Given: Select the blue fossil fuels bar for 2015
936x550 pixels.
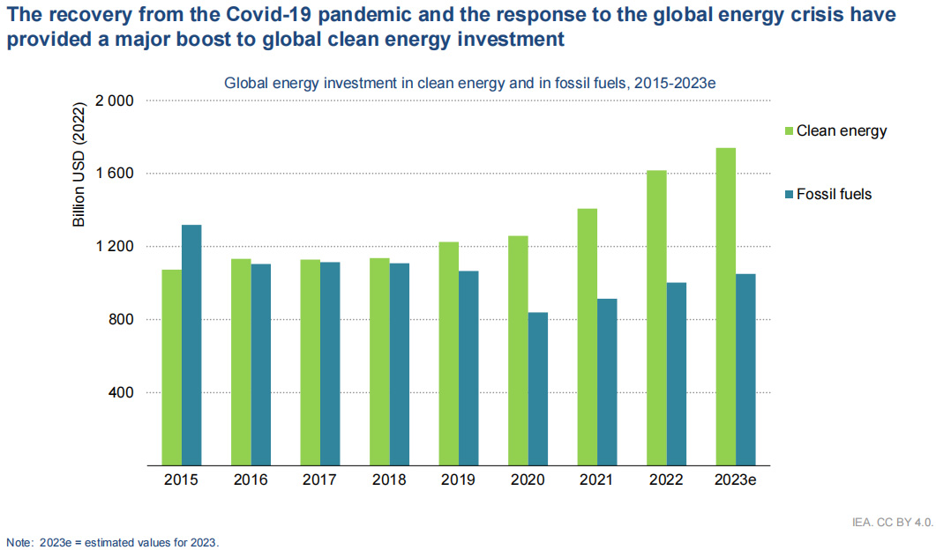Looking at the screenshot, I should click(x=191, y=345).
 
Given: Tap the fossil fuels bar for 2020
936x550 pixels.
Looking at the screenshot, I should click(x=538, y=388).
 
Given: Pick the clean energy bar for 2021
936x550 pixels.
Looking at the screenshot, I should click(x=588, y=336).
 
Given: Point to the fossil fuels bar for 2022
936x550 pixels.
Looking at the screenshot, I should click(x=677, y=374).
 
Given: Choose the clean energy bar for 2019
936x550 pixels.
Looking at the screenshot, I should click(x=449, y=353).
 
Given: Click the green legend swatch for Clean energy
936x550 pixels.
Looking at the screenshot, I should click(x=788, y=131).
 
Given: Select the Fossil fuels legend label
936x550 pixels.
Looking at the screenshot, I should click(x=834, y=194).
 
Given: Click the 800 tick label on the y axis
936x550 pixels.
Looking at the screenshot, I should click(x=120, y=319).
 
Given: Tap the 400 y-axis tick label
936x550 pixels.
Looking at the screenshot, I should click(x=120, y=392).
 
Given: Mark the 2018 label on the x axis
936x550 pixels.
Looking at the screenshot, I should click(x=389, y=480).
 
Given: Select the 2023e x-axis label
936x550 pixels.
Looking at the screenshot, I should click(x=736, y=480).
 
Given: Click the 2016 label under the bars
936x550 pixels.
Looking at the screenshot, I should click(x=251, y=480).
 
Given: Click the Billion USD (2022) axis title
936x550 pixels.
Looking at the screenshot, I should click(x=79, y=166).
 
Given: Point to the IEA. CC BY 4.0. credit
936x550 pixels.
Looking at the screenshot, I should click(x=892, y=523).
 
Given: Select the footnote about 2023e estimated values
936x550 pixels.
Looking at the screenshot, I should click(x=112, y=541).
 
